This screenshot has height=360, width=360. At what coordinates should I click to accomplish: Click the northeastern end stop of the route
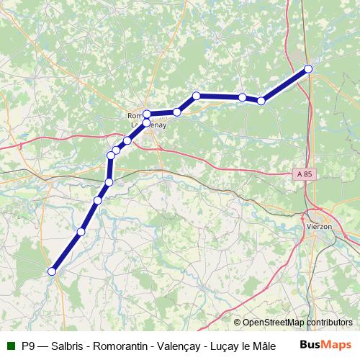tap(308, 69)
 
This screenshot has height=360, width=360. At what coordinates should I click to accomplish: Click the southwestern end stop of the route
tap(51, 271)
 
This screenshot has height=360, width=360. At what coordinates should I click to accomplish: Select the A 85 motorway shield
tap(304, 174)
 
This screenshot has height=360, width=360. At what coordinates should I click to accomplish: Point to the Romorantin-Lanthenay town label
tap(143, 120)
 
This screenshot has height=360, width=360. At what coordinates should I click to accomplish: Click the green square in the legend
tap(11, 346)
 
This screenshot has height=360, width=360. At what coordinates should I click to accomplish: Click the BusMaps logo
tap(325, 345)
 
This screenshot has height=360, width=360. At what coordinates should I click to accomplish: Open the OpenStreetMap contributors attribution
tap(297, 323)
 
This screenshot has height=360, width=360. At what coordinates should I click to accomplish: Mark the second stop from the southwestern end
tap(81, 232)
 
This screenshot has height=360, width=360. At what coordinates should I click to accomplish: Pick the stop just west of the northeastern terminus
tap(261, 101)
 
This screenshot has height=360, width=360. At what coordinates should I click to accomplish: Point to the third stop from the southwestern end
tap(98, 200)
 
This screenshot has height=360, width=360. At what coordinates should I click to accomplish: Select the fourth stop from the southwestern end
tap(109, 181)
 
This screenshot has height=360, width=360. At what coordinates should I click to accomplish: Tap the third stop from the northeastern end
tap(243, 97)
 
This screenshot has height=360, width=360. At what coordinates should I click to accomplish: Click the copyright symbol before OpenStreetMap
tap(237, 323)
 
